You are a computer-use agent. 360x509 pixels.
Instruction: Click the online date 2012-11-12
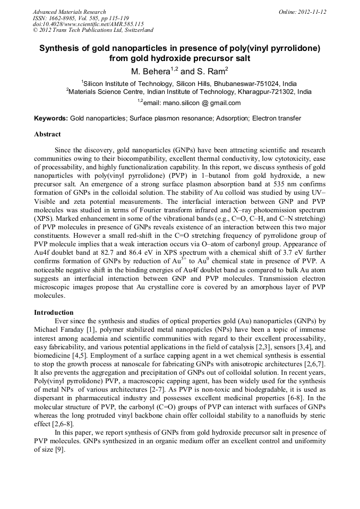(x=310, y=12)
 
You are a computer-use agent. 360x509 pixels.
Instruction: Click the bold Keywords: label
(x=51, y=118)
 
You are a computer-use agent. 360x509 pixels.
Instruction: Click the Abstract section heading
(x=47, y=135)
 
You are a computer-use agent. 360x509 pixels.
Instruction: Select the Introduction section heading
(x=54, y=313)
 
